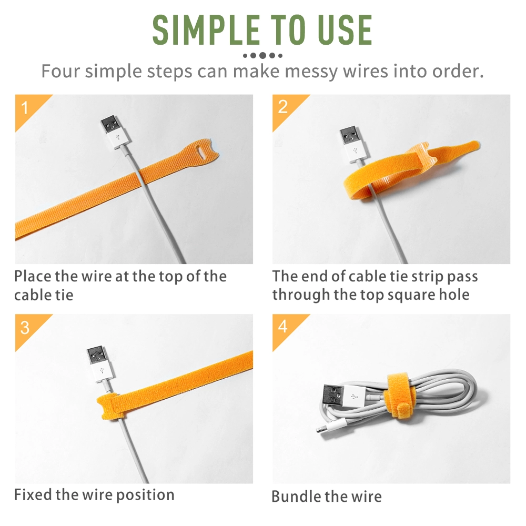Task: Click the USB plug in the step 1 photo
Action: [x=113, y=132]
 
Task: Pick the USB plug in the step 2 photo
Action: [x=351, y=144]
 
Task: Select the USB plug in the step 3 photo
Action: [x=101, y=364]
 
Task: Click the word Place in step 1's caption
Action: [x=32, y=277]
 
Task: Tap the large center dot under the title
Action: [x=263, y=55]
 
